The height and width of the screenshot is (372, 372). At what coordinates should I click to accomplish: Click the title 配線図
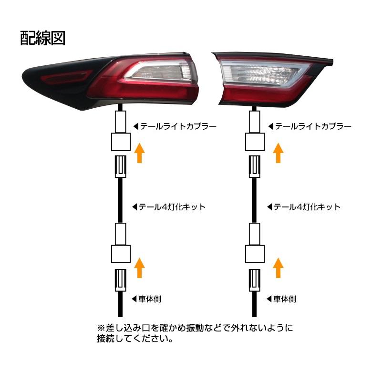tap(42, 38)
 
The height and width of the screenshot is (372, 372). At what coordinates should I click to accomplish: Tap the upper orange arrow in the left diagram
tap(139, 152)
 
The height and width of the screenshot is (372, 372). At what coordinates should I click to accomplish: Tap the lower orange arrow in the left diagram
tap(139, 267)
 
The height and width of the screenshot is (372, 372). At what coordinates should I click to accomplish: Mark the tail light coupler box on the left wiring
tap(120, 142)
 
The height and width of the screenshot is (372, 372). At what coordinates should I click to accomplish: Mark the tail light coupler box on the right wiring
tap(255, 142)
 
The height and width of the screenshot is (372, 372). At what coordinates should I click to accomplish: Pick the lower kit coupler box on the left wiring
tap(120, 254)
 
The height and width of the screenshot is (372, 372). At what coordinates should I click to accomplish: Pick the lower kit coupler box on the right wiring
tap(255, 254)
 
